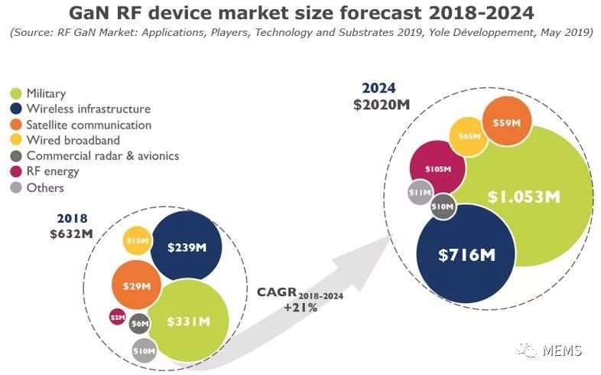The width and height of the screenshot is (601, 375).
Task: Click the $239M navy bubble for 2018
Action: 187,247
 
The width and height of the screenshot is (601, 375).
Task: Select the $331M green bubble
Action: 189,321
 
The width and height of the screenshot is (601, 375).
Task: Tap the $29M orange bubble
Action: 136,285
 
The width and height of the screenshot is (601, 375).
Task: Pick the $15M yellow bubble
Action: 137,241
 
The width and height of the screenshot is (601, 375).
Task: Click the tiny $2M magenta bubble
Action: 118,317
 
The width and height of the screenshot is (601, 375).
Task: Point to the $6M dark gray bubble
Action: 139,324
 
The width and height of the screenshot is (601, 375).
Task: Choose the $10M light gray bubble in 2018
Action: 145,351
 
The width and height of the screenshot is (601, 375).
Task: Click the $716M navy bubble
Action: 466,254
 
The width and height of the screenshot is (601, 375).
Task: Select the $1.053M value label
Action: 524,197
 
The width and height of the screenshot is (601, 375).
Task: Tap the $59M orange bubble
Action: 507,122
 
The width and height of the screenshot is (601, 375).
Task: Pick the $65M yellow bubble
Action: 469,137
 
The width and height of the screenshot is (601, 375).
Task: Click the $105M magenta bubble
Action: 437,168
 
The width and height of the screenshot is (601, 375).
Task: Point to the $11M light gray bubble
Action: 421,192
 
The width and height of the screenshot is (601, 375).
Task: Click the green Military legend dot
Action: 16,93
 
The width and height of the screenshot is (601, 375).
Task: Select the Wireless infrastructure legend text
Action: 89,109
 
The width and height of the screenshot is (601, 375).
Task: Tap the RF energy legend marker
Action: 16,171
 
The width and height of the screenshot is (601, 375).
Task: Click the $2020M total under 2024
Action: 382,104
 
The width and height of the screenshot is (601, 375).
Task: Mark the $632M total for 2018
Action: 71,233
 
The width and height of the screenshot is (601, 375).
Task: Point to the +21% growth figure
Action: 300,307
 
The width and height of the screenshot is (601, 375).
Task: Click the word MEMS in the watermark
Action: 562,350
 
